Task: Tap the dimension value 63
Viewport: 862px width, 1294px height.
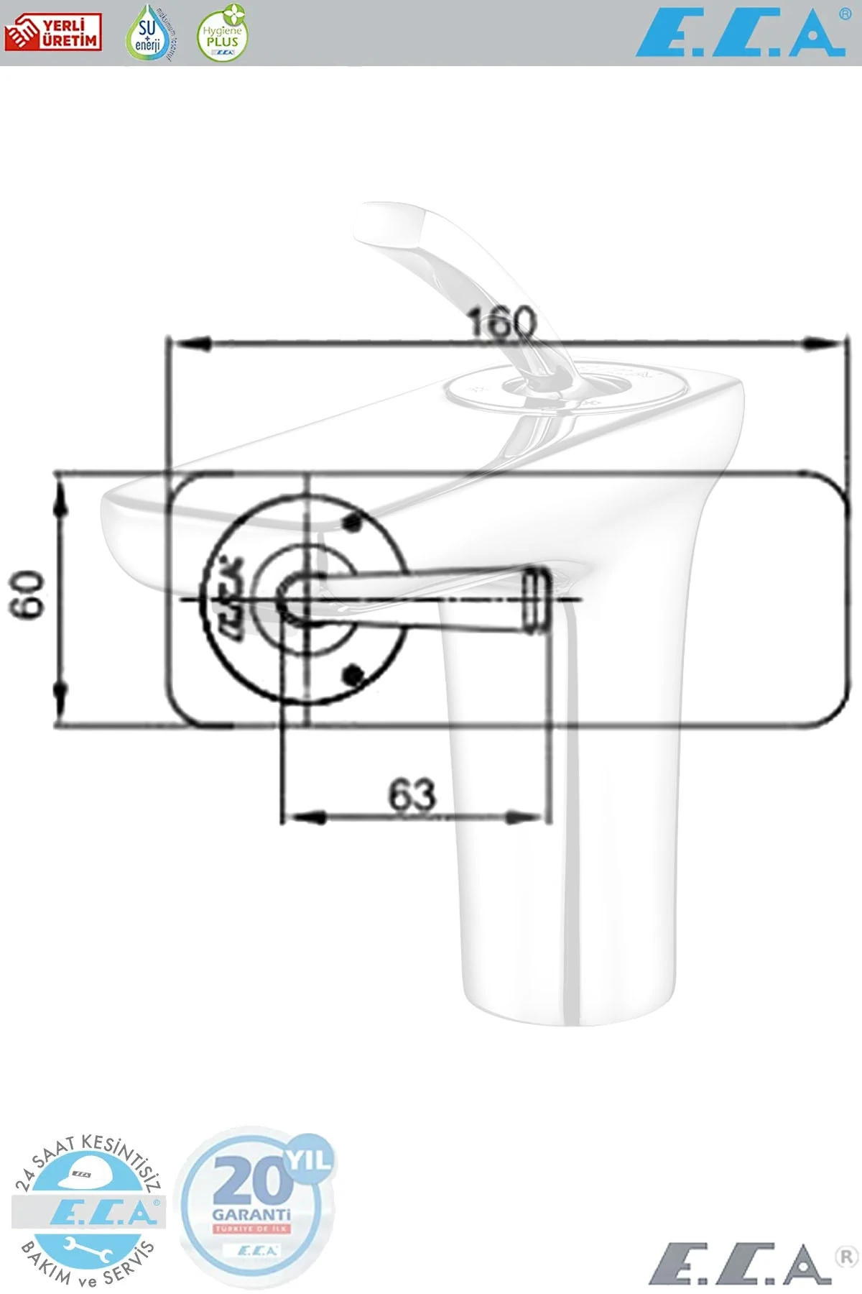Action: (x=412, y=795)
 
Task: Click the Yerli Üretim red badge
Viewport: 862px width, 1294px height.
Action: (x=52, y=33)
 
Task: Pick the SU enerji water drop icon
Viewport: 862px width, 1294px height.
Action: (x=149, y=32)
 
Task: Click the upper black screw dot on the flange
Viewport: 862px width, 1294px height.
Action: (x=352, y=523)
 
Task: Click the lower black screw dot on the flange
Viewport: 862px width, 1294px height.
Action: (x=352, y=674)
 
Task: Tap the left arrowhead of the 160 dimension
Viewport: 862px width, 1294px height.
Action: (x=188, y=344)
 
